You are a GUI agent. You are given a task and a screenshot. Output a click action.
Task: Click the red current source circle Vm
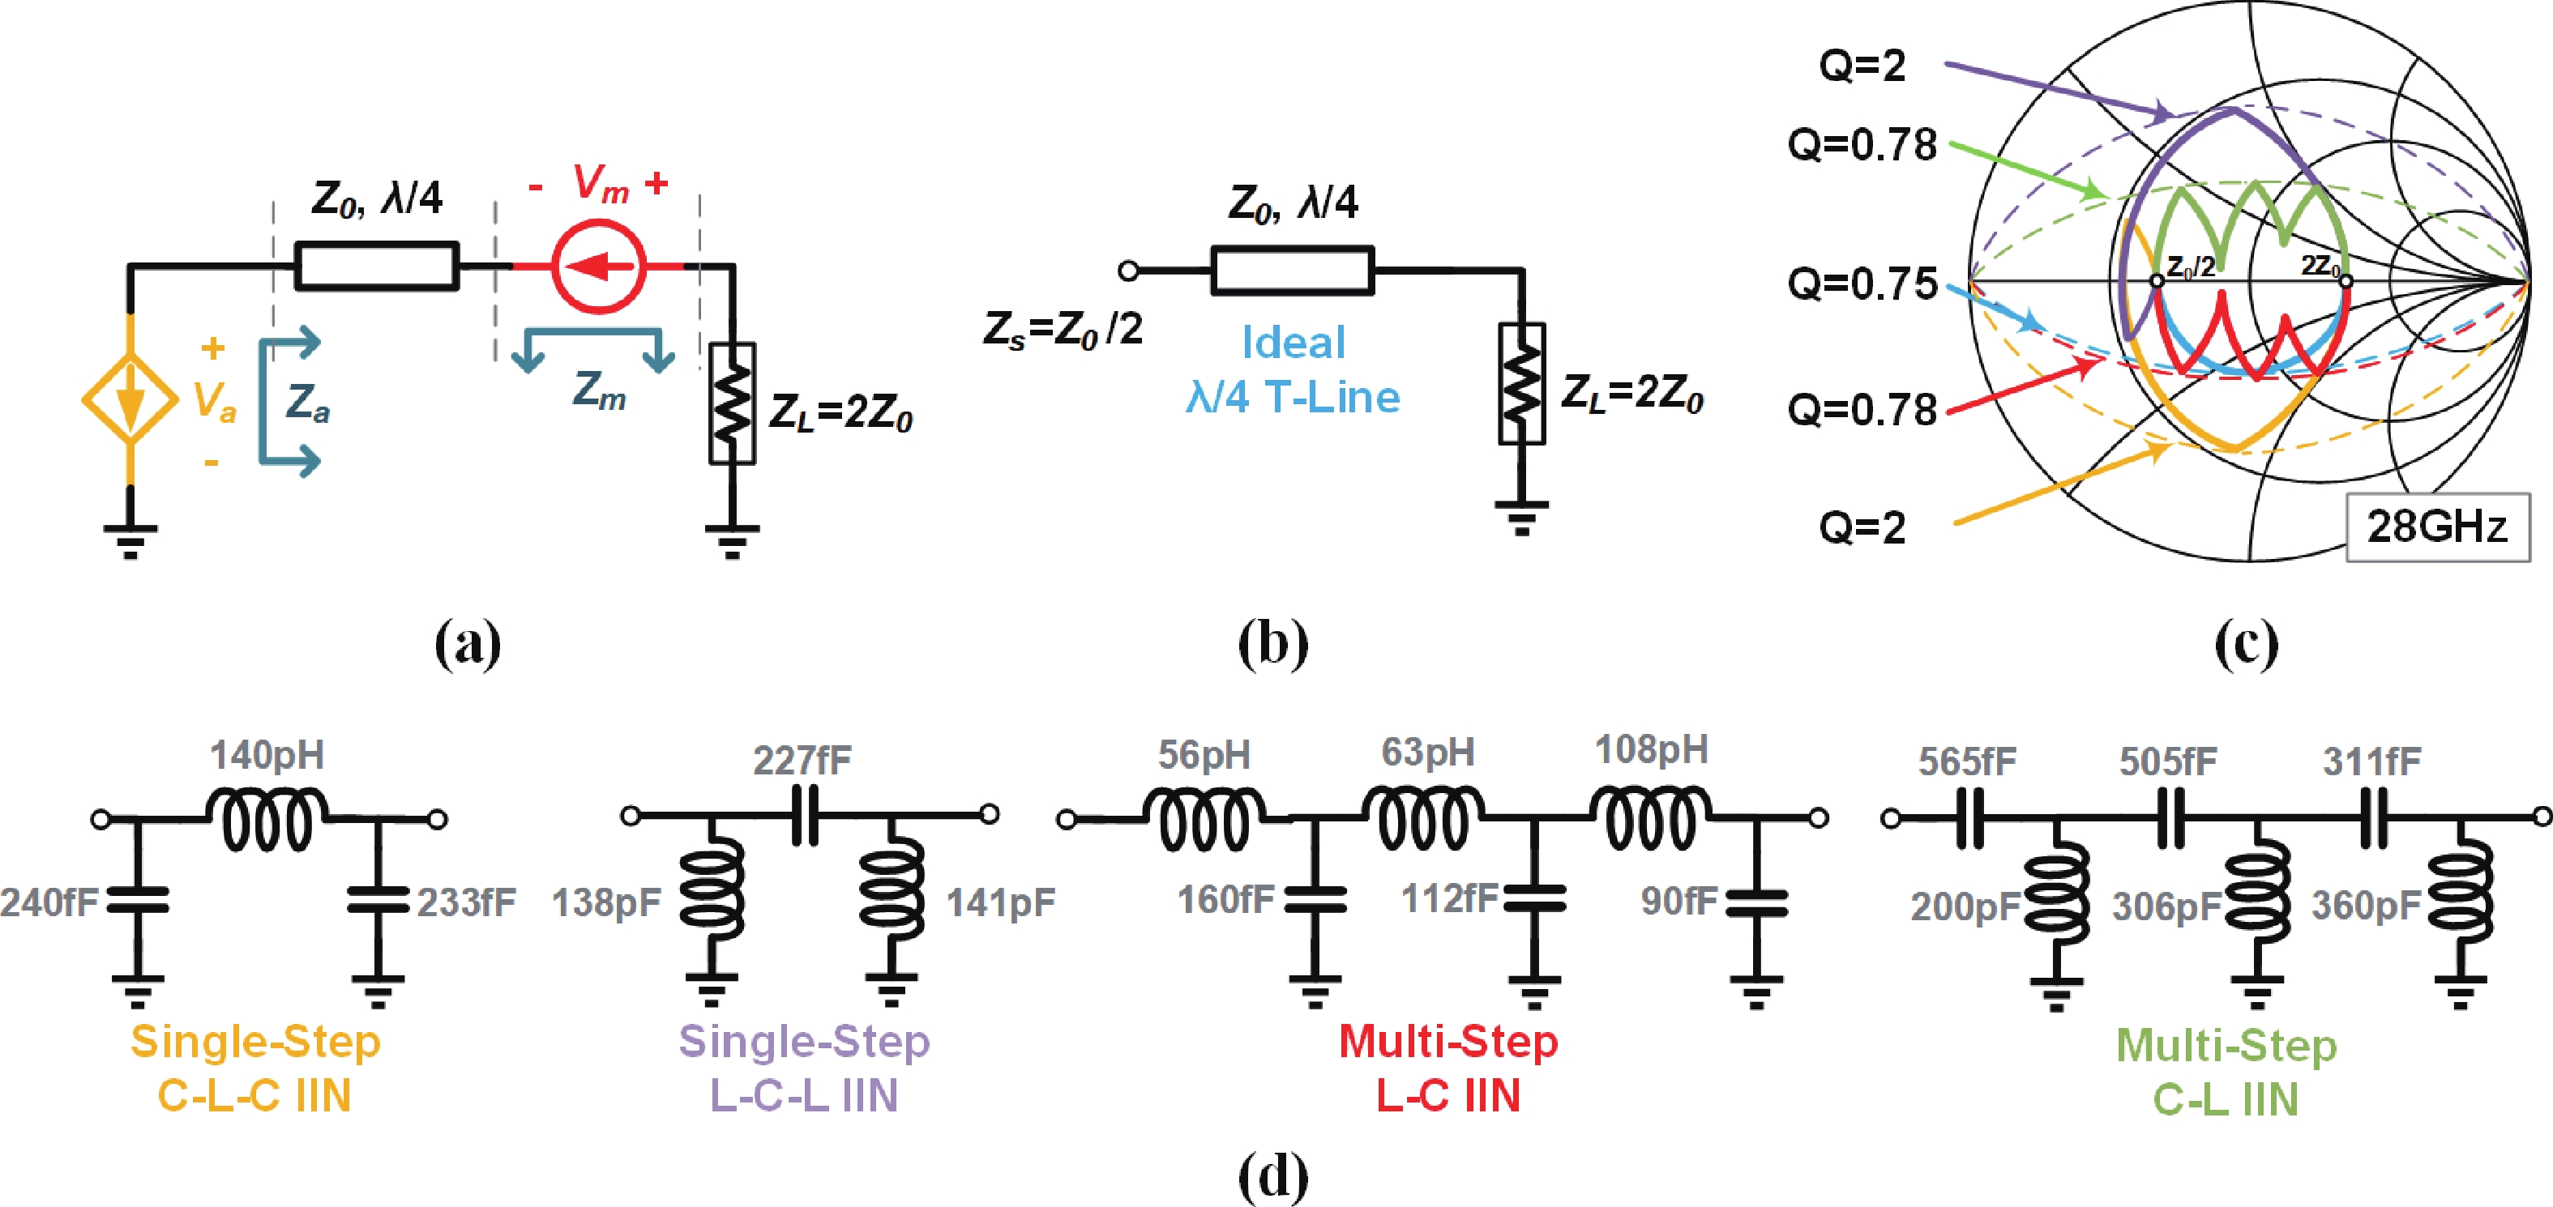pyautogui.click(x=599, y=267)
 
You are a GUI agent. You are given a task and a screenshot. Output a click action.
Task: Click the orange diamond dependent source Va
pyautogui.click(x=130, y=399)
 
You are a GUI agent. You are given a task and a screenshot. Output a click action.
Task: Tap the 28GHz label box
pyautogui.click(x=2437, y=527)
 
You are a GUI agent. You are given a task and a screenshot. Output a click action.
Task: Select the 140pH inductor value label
pyautogui.click(x=267, y=756)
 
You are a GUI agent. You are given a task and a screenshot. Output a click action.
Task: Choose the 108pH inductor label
pyautogui.click(x=1651, y=750)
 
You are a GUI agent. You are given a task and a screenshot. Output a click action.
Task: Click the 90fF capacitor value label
pyautogui.click(x=1678, y=901)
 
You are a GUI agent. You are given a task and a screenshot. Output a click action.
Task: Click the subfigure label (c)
pyautogui.click(x=2247, y=644)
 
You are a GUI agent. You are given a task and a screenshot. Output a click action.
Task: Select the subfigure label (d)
pyautogui.click(x=1273, y=1177)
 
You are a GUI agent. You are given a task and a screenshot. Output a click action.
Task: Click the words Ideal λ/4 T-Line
pyautogui.click(x=1294, y=369)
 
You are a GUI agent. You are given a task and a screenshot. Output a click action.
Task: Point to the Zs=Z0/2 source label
pyautogui.click(x=1063, y=328)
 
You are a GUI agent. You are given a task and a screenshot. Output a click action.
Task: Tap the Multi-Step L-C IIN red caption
pyautogui.click(x=1448, y=1068)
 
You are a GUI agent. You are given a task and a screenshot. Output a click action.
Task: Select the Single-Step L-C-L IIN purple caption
pyautogui.click(x=804, y=1068)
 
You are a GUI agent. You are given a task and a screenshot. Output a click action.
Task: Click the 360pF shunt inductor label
pyautogui.click(x=2367, y=906)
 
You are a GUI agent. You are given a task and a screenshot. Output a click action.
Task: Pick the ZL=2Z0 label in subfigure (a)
pyautogui.click(x=840, y=412)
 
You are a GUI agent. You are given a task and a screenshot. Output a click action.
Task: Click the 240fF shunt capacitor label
pyautogui.click(x=49, y=902)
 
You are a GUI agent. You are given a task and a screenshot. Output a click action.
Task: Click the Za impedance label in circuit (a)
pyautogui.click(x=307, y=404)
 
